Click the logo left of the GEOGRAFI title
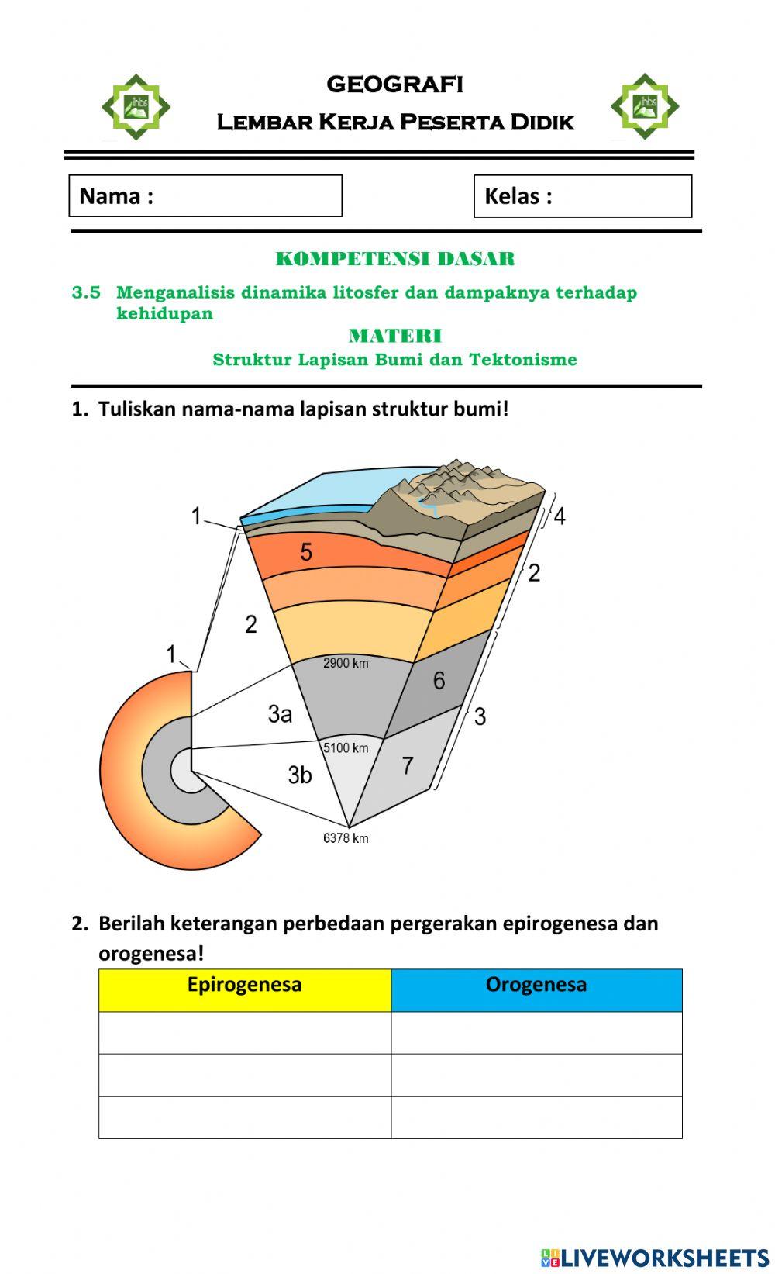pyautogui.click(x=136, y=107)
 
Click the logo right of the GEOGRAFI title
pyautogui.click(x=644, y=106)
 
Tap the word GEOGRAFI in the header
pyautogui.click(x=394, y=84)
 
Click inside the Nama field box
pyautogui.click(x=205, y=195)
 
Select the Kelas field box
pyautogui.click(x=582, y=196)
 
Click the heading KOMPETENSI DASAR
pyautogui.click(x=394, y=259)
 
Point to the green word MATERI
pyautogui.click(x=394, y=336)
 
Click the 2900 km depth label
pyautogui.click(x=346, y=664)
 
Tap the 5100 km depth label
pyautogui.click(x=346, y=748)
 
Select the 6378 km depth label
pyautogui.click(x=346, y=838)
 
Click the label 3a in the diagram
pyautogui.click(x=280, y=713)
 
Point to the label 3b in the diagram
pyautogui.click(x=300, y=774)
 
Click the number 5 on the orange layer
pyautogui.click(x=306, y=552)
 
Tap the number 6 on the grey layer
pyautogui.click(x=439, y=681)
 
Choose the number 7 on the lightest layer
pyautogui.click(x=408, y=765)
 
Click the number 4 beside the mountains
pyautogui.click(x=560, y=516)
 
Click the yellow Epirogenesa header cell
pyautogui.click(x=244, y=989)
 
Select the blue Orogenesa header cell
pyautogui.click(x=536, y=989)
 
